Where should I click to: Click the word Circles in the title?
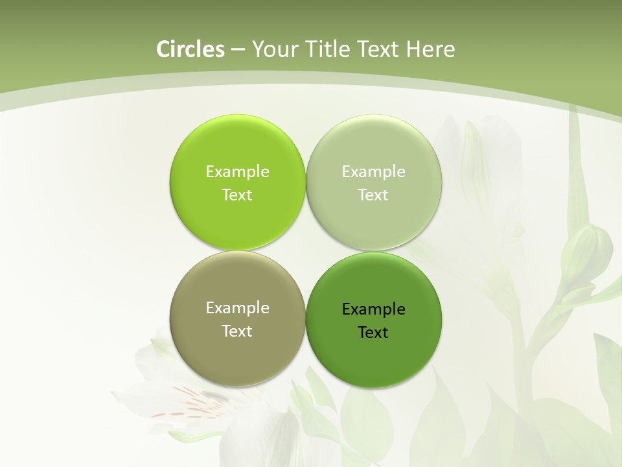[x=190, y=49]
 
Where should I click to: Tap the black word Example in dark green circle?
[x=373, y=309]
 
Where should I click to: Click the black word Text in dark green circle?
[x=373, y=333]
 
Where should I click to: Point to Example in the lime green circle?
[x=237, y=172]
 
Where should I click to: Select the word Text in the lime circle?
[x=237, y=195]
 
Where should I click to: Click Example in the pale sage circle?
[x=373, y=172]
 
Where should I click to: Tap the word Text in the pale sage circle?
[x=373, y=195]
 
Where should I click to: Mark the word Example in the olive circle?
[x=237, y=308]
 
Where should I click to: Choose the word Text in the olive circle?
[x=237, y=331]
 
